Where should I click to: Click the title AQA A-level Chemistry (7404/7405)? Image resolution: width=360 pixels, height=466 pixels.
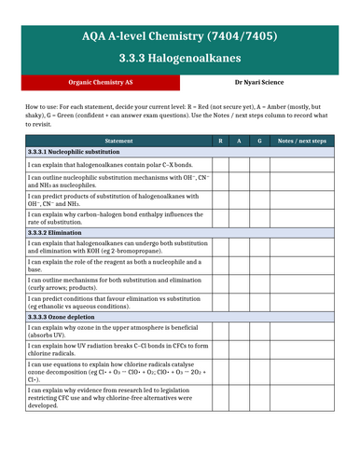(x=179, y=36)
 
